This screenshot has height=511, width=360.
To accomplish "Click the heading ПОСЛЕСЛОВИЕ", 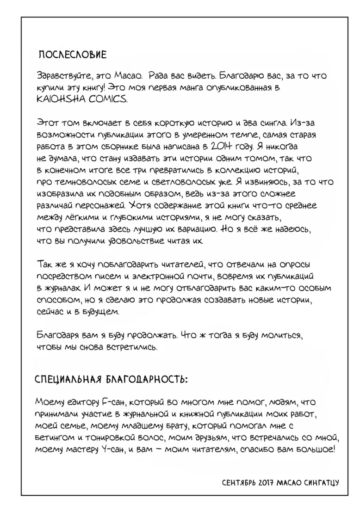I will click(x=72, y=55).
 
